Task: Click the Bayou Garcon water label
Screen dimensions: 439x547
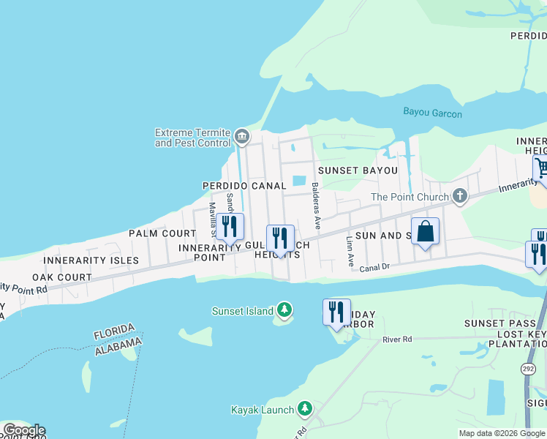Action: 432,113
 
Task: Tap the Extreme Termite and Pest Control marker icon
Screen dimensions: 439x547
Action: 242,136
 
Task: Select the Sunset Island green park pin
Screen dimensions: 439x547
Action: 284,311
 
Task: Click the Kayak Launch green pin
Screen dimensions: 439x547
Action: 304,410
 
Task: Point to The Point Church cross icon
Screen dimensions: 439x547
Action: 459,196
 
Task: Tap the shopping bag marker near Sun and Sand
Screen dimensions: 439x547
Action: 425,232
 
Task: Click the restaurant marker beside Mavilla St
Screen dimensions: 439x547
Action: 230,227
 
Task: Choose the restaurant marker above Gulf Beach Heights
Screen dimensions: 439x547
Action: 280,238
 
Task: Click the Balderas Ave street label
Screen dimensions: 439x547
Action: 316,206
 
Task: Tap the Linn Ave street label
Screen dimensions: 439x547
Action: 350,251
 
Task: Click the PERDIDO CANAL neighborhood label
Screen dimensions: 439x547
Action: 244,187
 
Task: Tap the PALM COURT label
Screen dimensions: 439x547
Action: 162,233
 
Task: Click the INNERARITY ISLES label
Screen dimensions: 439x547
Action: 91,260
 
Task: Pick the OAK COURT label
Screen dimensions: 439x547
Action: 61,278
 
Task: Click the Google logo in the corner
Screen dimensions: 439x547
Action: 23,430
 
